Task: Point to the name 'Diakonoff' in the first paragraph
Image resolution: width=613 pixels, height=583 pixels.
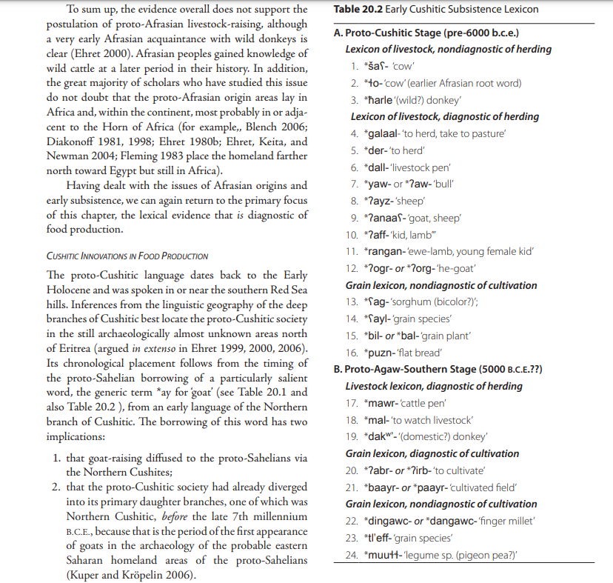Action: pyautogui.click(x=73, y=141)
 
